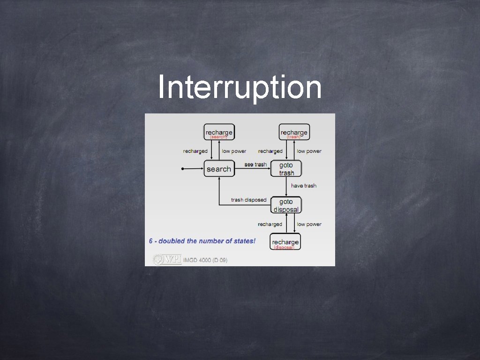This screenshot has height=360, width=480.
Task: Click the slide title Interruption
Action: click(x=240, y=88)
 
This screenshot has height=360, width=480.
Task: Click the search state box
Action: click(x=218, y=169)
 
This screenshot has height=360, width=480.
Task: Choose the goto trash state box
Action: click(x=286, y=169)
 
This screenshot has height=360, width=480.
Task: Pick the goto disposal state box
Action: click(x=286, y=205)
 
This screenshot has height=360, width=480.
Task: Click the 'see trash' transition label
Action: click(x=255, y=165)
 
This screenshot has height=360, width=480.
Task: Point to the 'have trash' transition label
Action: click(x=304, y=186)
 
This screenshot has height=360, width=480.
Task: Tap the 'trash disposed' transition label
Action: click(x=248, y=200)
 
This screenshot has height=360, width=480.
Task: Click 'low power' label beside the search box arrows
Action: click(x=234, y=151)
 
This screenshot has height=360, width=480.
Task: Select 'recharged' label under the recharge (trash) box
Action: click(x=270, y=151)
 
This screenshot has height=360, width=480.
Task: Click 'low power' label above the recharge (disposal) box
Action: click(x=309, y=225)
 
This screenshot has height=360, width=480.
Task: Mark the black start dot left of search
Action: click(x=182, y=168)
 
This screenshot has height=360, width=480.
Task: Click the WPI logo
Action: click(x=167, y=259)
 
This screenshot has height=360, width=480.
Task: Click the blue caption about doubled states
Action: click(x=202, y=241)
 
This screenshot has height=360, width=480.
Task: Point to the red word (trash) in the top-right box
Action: click(x=294, y=137)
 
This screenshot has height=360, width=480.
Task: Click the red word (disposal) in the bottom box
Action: click(x=284, y=247)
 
